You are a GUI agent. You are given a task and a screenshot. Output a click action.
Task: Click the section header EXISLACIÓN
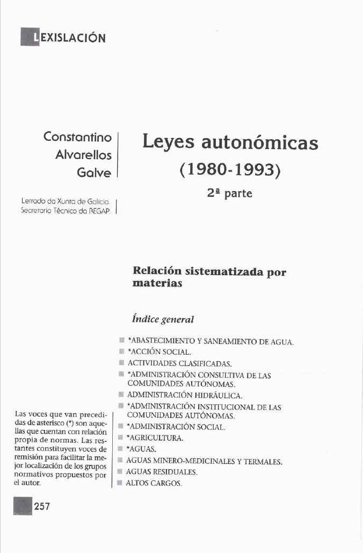click(69, 38)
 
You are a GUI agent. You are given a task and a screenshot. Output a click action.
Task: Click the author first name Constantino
click(77, 137)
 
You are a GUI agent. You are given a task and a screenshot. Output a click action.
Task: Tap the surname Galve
click(94, 173)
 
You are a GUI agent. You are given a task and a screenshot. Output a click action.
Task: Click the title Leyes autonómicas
click(230, 142)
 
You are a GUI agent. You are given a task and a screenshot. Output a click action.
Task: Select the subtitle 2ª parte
click(229, 193)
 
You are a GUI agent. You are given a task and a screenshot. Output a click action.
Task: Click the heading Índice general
click(163, 319)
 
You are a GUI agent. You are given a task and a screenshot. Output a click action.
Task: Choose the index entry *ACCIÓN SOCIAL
click(158, 352)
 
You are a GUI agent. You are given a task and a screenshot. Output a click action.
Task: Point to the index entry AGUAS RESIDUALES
click(162, 472)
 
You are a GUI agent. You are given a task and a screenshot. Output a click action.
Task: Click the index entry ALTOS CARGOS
click(154, 483)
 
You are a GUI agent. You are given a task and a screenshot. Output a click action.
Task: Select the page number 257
click(42, 506)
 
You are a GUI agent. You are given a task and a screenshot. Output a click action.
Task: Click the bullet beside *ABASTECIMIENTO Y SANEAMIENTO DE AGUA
click(122, 341)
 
